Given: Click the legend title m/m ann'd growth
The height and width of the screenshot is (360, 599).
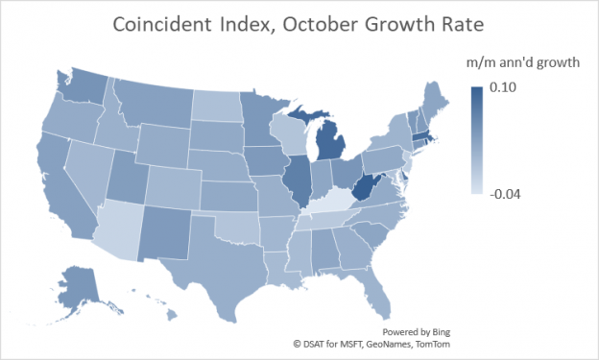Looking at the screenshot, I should click(x=522, y=64).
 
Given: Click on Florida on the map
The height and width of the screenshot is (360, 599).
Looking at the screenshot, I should click(x=385, y=288).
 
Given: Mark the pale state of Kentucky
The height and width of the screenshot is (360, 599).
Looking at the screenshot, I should click(x=331, y=203).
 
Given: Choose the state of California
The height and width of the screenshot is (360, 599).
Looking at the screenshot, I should click(x=62, y=187).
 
